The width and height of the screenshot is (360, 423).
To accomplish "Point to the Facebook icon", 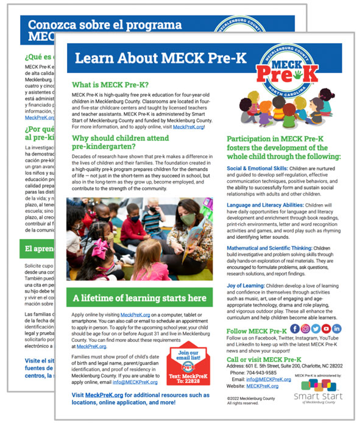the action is [x=295, y=329].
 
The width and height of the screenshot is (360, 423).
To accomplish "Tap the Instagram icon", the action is [x=306, y=329].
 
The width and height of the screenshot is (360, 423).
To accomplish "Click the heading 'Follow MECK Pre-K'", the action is [x=256, y=330].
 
